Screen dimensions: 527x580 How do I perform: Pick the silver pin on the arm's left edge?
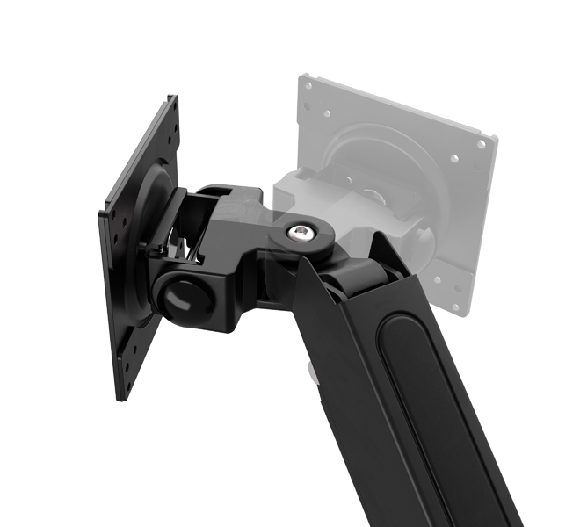coord(312,372)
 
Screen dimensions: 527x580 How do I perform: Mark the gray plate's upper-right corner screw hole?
coord(481,142)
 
